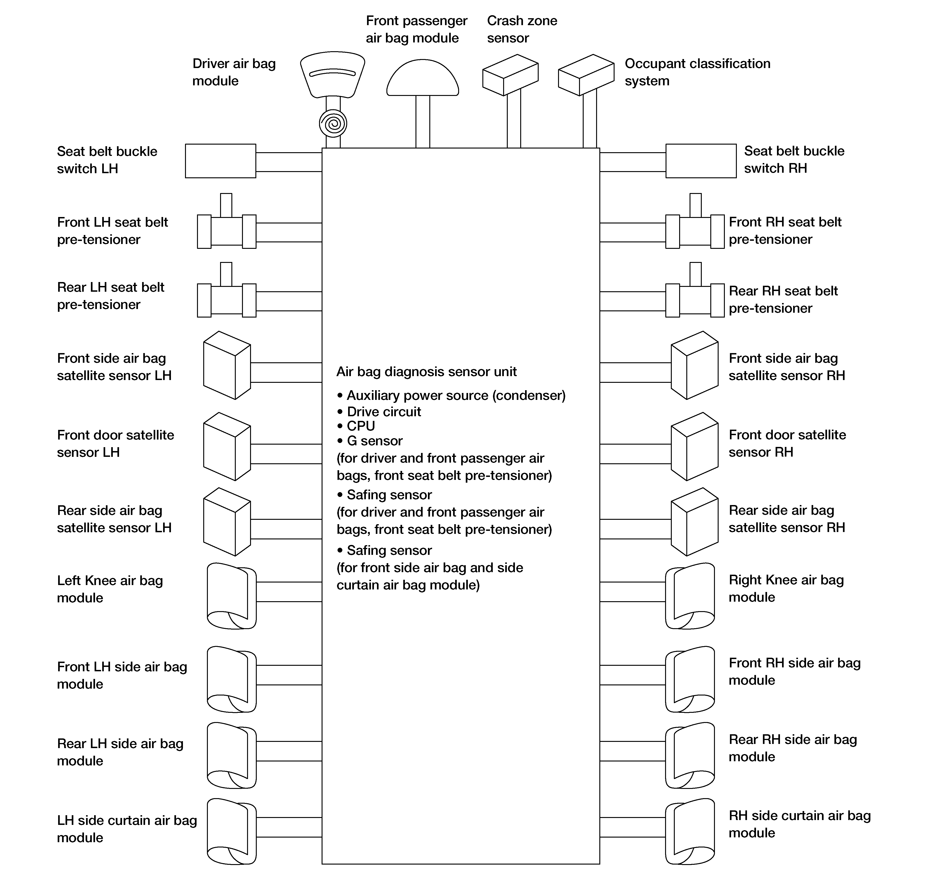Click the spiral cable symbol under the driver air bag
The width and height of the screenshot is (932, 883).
coord(333,124)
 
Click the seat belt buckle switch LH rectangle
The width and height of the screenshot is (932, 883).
coord(220,161)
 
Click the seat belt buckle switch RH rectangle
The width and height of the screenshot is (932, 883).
coord(701,161)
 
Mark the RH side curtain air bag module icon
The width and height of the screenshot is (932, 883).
coord(690,832)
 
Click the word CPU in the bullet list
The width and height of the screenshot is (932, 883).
coord(361,426)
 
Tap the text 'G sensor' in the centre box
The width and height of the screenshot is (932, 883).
coord(374,441)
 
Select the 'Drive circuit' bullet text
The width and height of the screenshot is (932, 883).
coord(383,412)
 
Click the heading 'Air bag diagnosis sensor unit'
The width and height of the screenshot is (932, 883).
coord(426,372)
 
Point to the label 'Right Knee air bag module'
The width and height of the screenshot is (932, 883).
coord(786,588)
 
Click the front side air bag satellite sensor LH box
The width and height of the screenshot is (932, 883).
coord(227,365)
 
